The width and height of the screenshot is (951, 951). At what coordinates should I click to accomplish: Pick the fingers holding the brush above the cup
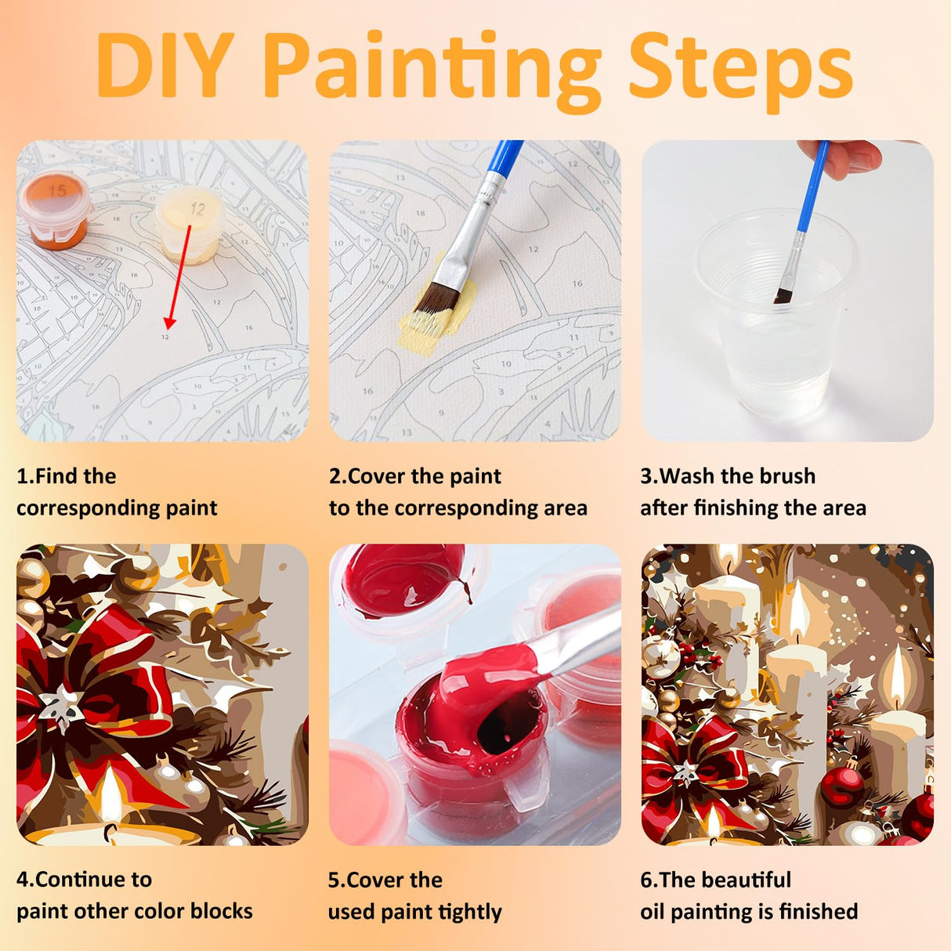click(843, 157)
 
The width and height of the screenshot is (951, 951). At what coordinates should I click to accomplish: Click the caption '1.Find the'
click(67, 476)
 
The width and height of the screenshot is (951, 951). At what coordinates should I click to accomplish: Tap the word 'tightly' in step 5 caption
click(470, 912)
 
